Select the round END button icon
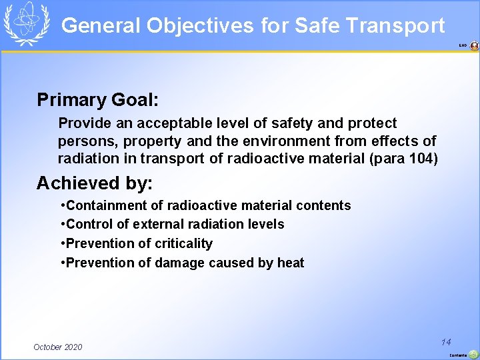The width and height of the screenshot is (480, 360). pyautogui.click(x=474, y=46)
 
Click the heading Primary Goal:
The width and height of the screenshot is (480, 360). pyautogui.click(x=98, y=100)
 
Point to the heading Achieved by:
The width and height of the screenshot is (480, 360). pyautogui.click(x=95, y=183)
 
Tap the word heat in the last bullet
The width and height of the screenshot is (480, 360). pyautogui.click(x=291, y=263)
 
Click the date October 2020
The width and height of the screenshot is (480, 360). pyautogui.click(x=58, y=347)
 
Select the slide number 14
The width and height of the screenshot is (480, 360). pyautogui.click(x=446, y=341)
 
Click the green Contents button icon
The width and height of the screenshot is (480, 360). pyautogui.click(x=473, y=355)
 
